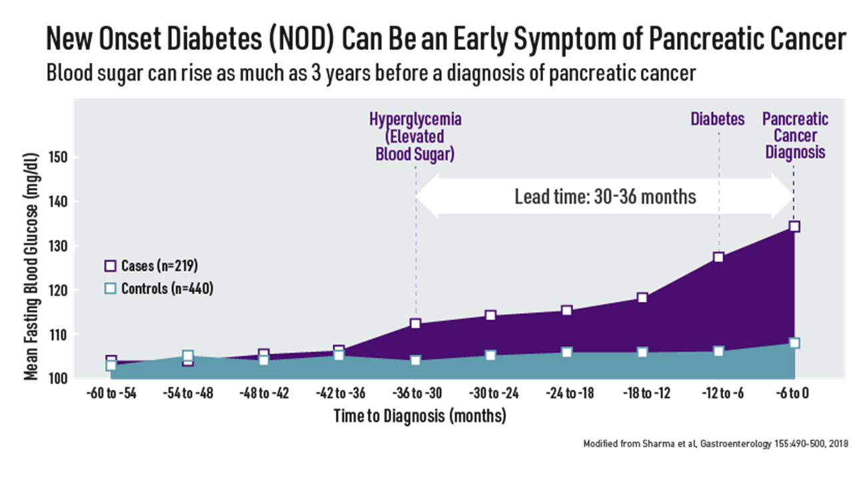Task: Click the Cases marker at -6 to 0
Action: pyautogui.click(x=794, y=226)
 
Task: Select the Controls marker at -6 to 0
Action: pyautogui.click(x=794, y=343)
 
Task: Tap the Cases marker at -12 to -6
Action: pyautogui.click(x=718, y=257)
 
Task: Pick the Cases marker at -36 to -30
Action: pyautogui.click(x=415, y=323)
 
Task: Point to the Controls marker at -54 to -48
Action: pyautogui.click(x=188, y=356)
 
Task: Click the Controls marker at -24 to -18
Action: pyautogui.click(x=566, y=352)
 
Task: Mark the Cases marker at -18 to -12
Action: pyautogui.click(x=642, y=297)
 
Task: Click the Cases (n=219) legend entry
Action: pyautogui.click(x=151, y=266)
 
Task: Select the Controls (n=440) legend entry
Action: pyautogui.click(x=159, y=289)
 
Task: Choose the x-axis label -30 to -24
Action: pyautogui.click(x=490, y=393)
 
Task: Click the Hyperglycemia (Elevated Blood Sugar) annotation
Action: pyautogui.click(x=415, y=137)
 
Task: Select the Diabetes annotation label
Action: pyautogui.click(x=718, y=120)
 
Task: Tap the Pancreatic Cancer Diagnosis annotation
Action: pyautogui.click(x=795, y=136)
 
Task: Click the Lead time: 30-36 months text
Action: pyautogui.click(x=605, y=197)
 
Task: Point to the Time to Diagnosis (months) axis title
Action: pyautogui.click(x=420, y=417)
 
